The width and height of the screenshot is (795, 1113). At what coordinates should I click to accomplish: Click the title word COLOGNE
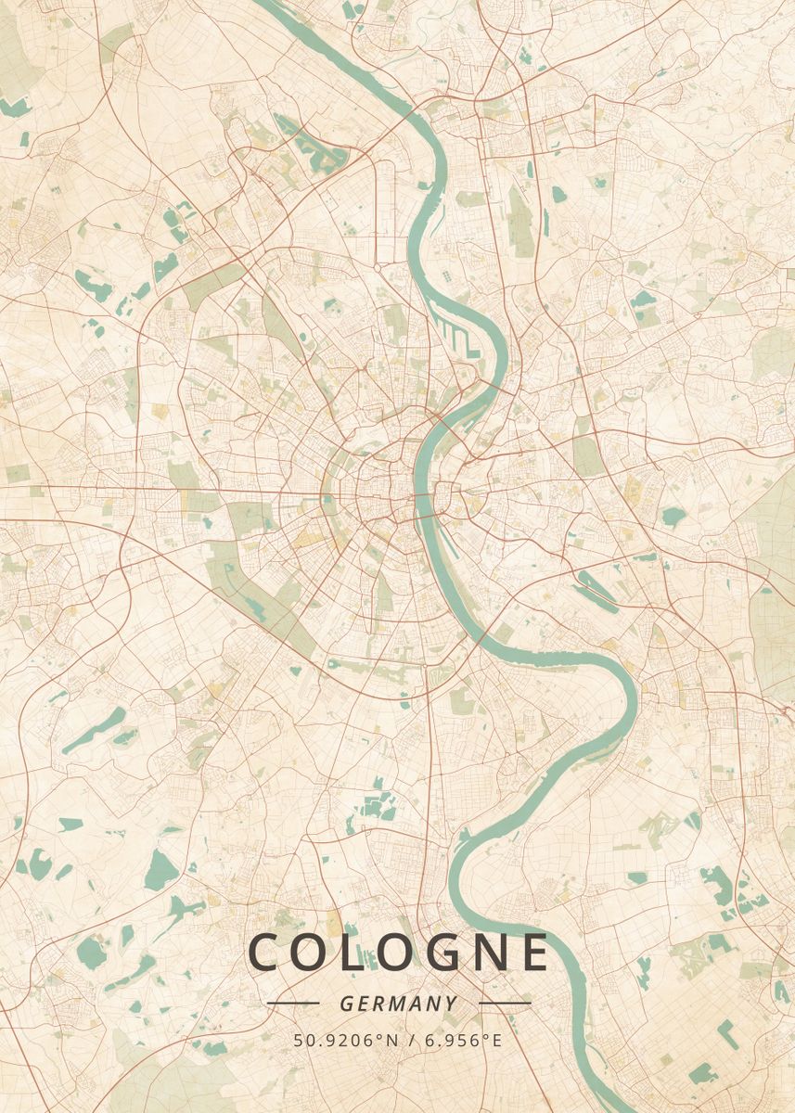point(399,953)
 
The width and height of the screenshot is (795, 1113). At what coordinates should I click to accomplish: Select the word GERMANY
point(398,1004)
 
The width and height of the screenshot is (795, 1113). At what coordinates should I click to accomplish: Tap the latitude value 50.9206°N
point(346,1041)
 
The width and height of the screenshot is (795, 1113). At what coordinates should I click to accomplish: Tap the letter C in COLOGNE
point(264,953)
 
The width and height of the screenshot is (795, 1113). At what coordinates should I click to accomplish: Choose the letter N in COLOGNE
point(480,953)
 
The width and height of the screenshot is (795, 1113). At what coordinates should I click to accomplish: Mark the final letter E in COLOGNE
point(533,953)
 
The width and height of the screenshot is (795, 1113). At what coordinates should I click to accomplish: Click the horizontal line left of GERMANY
point(292,1004)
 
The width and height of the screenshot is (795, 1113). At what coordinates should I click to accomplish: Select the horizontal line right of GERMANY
point(505,1004)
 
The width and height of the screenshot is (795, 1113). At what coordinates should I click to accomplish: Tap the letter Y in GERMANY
point(451,1004)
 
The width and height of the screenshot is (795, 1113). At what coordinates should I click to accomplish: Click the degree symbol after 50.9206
point(380,1036)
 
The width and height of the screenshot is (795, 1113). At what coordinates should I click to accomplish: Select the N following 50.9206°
point(391,1041)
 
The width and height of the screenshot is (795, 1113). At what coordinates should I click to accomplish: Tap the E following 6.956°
point(496,1041)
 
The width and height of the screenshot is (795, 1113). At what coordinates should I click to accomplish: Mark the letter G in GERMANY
point(346,1004)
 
